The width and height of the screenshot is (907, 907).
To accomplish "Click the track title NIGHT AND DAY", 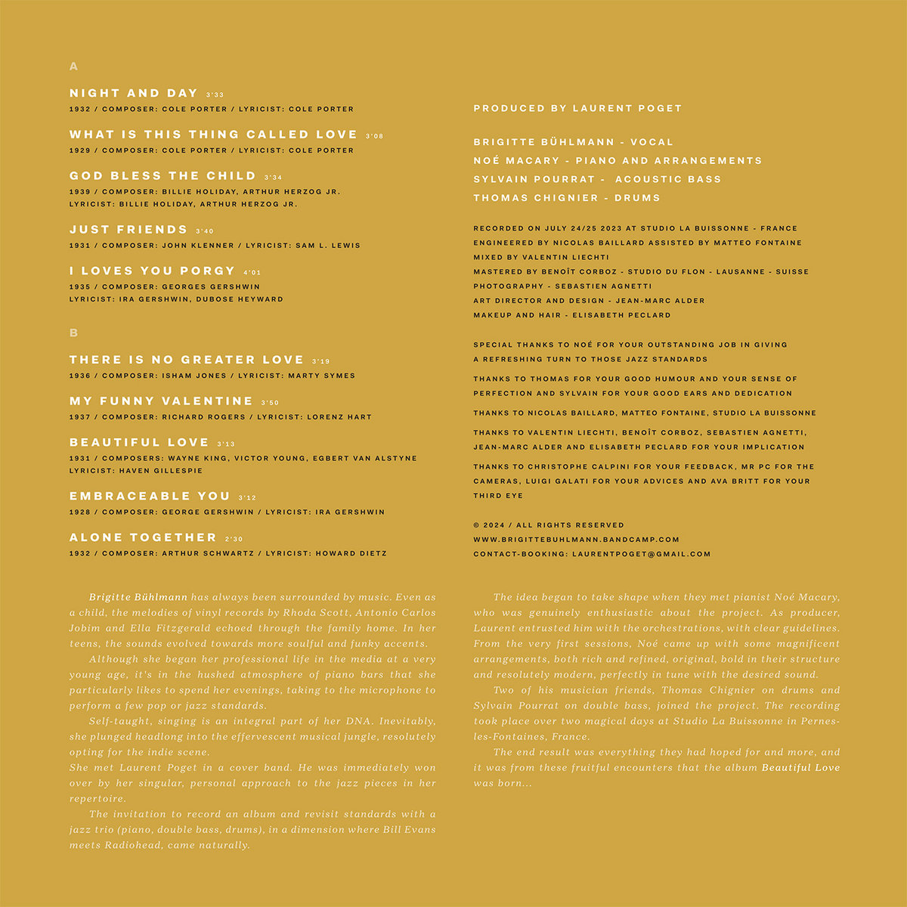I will point(133,93).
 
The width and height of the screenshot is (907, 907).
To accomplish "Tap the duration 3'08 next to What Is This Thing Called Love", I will point(374,137).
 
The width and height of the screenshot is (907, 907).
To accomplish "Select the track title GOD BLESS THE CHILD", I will point(163,176).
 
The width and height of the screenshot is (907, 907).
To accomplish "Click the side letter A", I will point(73,67).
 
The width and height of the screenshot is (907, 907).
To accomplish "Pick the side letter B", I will point(73,333).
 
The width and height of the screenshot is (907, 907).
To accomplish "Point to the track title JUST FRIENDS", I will point(128,230).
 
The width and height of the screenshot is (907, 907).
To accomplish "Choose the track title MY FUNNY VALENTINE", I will point(161,401).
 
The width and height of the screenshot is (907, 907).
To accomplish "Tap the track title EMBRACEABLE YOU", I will point(150,496).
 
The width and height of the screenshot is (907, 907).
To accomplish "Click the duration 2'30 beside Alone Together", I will point(234,540).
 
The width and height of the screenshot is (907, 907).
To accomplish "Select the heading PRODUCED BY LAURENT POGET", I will point(577,109).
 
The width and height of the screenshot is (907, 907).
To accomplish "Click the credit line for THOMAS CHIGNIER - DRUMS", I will point(567,198).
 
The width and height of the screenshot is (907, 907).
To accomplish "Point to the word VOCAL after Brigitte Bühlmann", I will point(651,142).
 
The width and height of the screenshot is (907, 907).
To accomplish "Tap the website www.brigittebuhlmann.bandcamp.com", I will point(576,540).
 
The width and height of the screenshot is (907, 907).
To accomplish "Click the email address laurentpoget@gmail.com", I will point(641,554).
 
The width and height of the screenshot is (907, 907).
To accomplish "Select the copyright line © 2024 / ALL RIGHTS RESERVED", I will point(549,525).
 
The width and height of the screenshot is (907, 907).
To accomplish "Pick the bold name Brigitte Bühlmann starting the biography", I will point(138,597).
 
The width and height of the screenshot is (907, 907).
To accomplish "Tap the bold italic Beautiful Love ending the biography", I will point(800,768).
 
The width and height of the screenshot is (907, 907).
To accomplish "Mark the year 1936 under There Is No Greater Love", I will point(79,376).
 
